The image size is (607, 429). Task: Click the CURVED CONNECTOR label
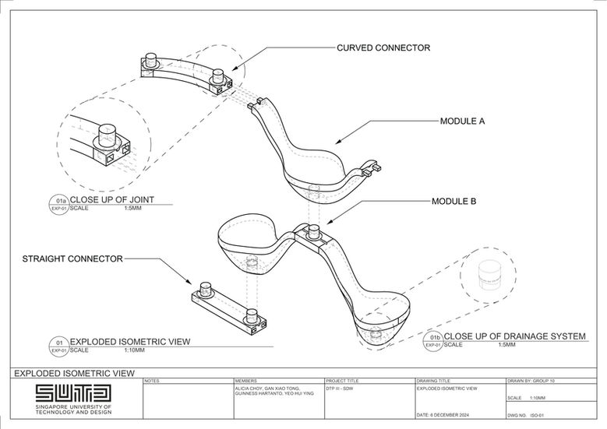click(x=383, y=48)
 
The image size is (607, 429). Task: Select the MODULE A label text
click(x=463, y=121)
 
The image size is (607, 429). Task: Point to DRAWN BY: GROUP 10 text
click(x=535, y=381)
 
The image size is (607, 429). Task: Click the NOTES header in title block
click(x=152, y=381)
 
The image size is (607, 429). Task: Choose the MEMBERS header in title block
click(x=245, y=381)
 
